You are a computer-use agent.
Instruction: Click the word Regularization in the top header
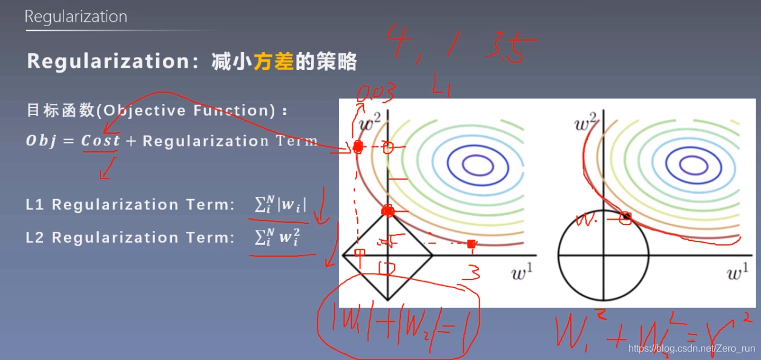tap(76, 16)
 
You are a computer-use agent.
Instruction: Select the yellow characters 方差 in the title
tap(273, 62)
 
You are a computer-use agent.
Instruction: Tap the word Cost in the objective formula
tap(100, 141)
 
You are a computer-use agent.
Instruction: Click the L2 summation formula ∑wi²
tap(277, 237)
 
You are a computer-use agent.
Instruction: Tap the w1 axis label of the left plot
tap(521, 273)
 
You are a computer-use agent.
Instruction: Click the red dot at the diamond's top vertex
tap(388, 211)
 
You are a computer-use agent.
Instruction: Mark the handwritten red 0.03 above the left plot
tap(376, 93)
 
